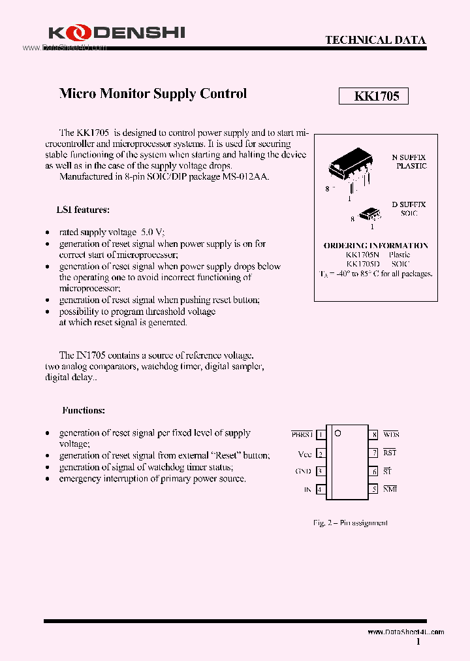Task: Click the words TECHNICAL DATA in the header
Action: (x=375, y=40)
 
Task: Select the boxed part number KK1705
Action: (x=373, y=97)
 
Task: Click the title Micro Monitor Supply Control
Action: (x=153, y=93)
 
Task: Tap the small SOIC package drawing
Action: (x=369, y=213)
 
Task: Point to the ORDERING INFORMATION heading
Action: (x=376, y=245)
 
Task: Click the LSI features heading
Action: (x=83, y=210)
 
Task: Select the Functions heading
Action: (x=84, y=410)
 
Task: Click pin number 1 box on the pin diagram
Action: (x=321, y=434)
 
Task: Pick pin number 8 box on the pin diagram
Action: (x=374, y=434)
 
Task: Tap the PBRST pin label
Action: (x=302, y=434)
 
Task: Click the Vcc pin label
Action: (x=305, y=453)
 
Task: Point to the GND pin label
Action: (x=304, y=471)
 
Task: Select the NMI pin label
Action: (x=390, y=489)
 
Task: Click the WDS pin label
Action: (x=391, y=434)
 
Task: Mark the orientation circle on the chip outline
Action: (x=337, y=433)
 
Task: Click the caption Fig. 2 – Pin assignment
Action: (x=350, y=523)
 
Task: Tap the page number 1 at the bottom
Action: (x=418, y=642)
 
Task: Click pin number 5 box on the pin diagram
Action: (x=374, y=489)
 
